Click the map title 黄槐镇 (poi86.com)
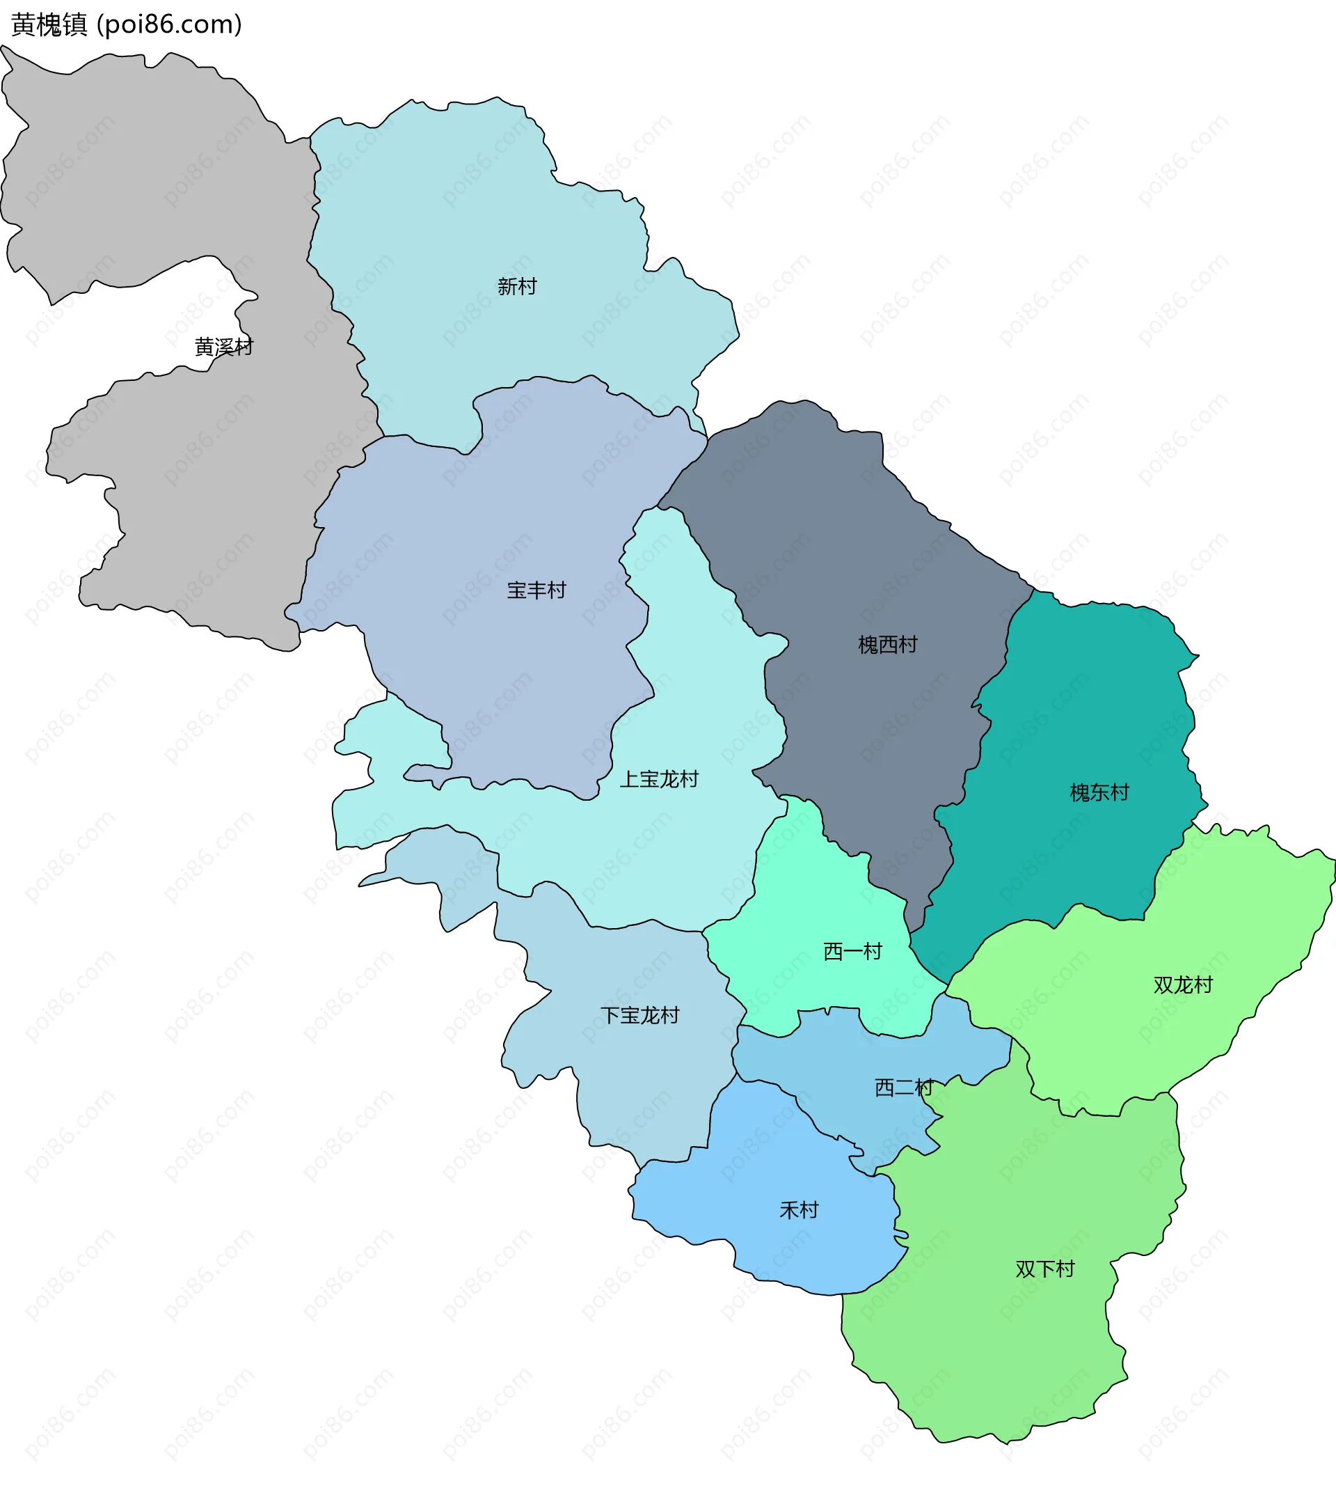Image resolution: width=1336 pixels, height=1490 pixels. point(126,25)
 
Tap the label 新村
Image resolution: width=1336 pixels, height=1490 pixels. point(517,286)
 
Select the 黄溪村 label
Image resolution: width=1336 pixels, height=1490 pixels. point(224,347)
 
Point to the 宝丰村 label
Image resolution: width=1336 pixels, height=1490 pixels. point(536,590)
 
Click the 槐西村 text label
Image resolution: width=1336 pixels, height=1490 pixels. point(887,645)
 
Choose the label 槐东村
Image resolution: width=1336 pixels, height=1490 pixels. point(1099,792)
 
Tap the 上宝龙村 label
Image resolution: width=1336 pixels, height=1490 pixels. point(659,779)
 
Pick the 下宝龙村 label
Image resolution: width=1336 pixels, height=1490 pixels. point(640,1016)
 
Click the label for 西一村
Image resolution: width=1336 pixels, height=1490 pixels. point(852,952)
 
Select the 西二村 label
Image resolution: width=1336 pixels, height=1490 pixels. point(904,1088)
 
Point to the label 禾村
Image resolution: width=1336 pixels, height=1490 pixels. point(799,1210)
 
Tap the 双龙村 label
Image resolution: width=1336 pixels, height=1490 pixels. point(1183,985)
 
